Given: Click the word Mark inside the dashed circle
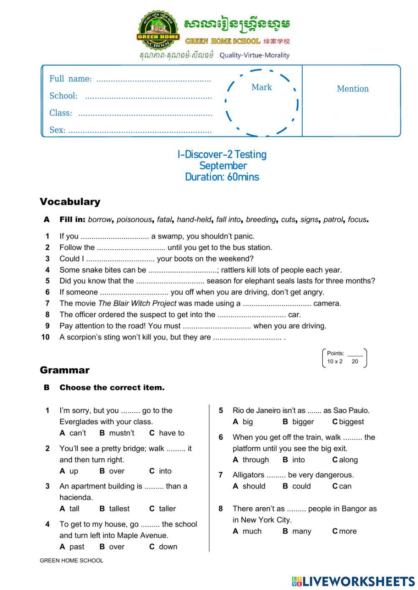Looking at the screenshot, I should click(262, 87).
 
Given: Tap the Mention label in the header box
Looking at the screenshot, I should click(353, 89).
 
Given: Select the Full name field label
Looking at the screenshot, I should click(70, 79).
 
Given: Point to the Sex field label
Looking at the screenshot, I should click(57, 130).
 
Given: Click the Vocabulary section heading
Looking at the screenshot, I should click(70, 202).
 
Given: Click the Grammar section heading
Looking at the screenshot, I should click(65, 370).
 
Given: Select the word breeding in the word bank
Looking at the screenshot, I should click(261, 220).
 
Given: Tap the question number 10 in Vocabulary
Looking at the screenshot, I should click(46, 337).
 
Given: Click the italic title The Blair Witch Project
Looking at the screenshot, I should click(137, 304).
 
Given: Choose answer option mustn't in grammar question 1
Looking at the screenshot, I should click(122, 433).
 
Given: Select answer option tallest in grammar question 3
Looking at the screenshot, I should click(119, 509).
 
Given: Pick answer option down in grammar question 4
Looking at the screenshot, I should click(168, 547).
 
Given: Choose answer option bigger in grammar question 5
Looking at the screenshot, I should click(303, 422).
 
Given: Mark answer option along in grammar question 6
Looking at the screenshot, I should click(348, 460).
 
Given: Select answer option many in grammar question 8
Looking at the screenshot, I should click(302, 531).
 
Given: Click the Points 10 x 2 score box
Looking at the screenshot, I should click(345, 358).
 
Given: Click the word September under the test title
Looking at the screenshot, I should click(223, 166).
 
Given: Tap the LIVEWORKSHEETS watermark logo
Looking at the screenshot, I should click(353, 581).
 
